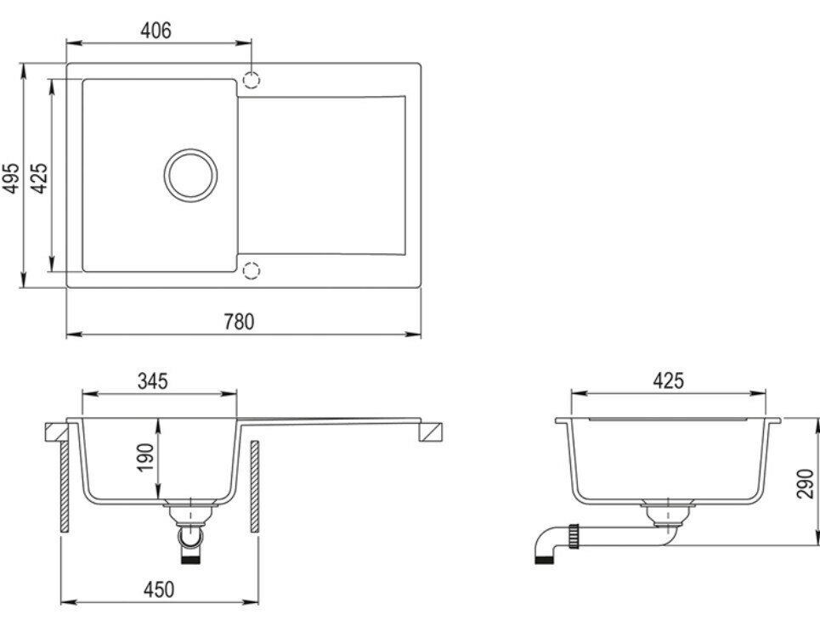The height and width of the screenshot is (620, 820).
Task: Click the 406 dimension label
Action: coord(156,31)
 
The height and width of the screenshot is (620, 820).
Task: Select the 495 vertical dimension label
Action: coord(12,178)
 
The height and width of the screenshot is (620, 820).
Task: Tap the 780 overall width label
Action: coord(239,322)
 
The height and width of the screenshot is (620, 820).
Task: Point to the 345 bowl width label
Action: coord(153,381)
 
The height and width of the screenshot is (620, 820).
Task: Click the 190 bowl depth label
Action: coord(146,457)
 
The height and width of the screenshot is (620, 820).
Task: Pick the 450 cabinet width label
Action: coord(158,589)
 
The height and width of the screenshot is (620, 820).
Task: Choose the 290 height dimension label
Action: coord(806,483)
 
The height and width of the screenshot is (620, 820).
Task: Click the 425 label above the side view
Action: coord(669,380)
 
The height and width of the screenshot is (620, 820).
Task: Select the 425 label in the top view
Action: coord(39,178)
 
